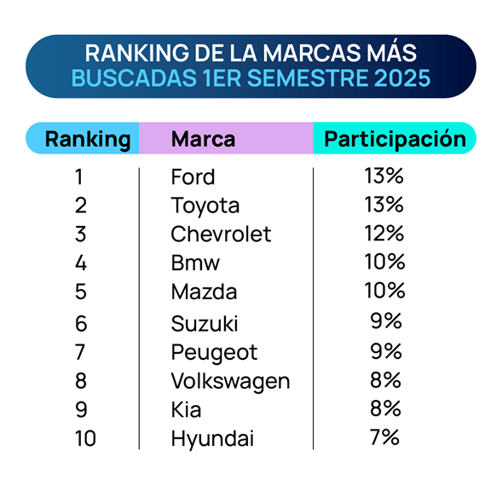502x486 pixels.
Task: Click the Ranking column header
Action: pos(88,140)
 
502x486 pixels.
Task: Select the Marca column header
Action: pos(204,139)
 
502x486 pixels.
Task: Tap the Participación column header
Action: pos(395,140)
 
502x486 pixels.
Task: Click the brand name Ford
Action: pos(193,176)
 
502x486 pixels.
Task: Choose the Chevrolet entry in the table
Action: pos(221,234)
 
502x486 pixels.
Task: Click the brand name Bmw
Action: pos(195,263)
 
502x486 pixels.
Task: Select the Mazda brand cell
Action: pos(204,292)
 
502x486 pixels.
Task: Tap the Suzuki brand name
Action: pos(205,323)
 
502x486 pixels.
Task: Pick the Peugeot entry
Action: pos(214,353)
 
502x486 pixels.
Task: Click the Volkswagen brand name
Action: pos(230,382)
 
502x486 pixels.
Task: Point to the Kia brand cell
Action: pos(186,409)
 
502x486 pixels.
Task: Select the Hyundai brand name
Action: pos(212,439)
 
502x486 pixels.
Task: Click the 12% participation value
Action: pos(384,233)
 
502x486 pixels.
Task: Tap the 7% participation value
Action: pos(384,437)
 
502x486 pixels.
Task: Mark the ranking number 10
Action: pos(85,438)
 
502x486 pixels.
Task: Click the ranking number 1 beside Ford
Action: pos(79,176)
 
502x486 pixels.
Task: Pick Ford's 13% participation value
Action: pos(384,176)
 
